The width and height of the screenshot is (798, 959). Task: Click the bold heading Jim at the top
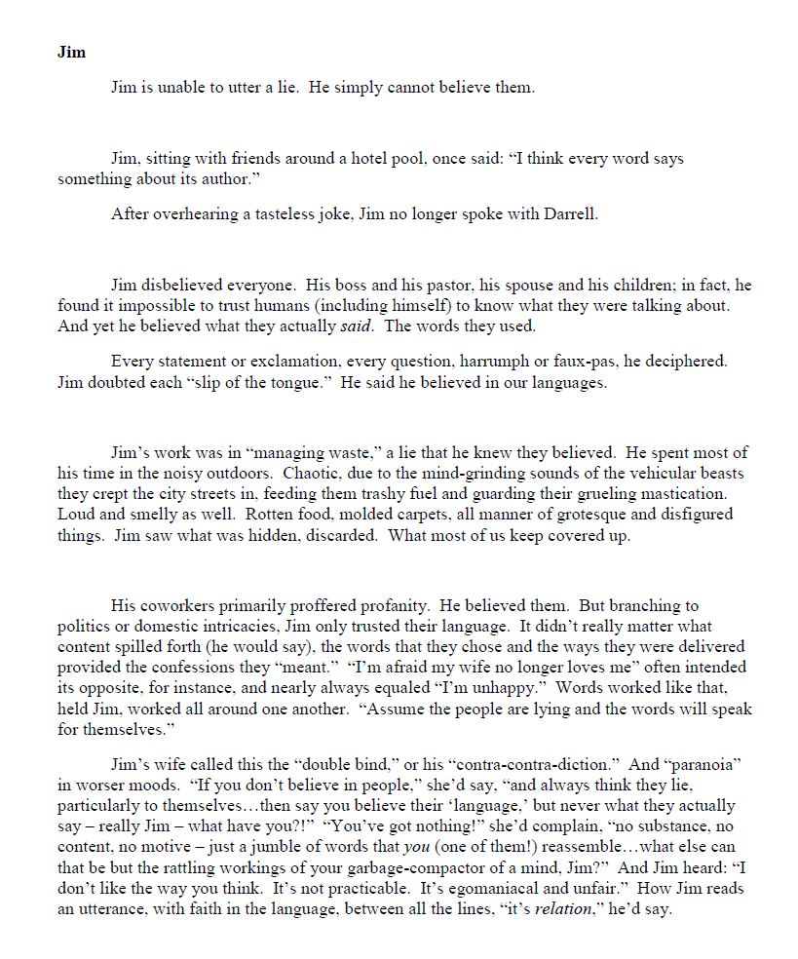(x=71, y=52)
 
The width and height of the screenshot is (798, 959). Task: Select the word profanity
(x=382, y=606)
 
